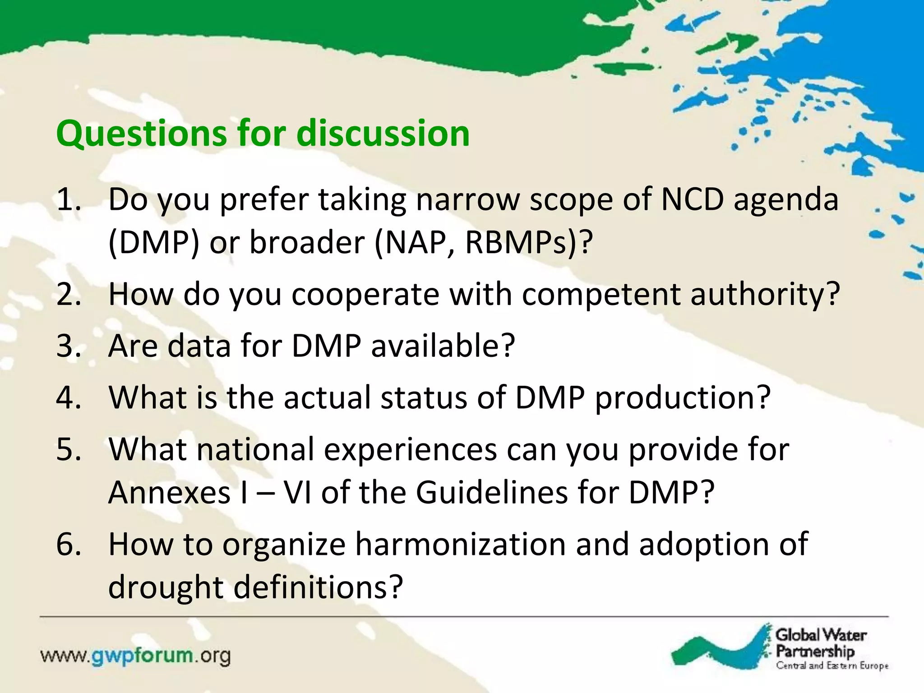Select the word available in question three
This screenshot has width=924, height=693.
(x=442, y=346)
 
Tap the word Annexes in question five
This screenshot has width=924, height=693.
(x=170, y=492)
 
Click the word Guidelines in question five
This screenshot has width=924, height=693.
(x=491, y=492)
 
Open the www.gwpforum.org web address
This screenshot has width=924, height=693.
(x=135, y=656)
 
